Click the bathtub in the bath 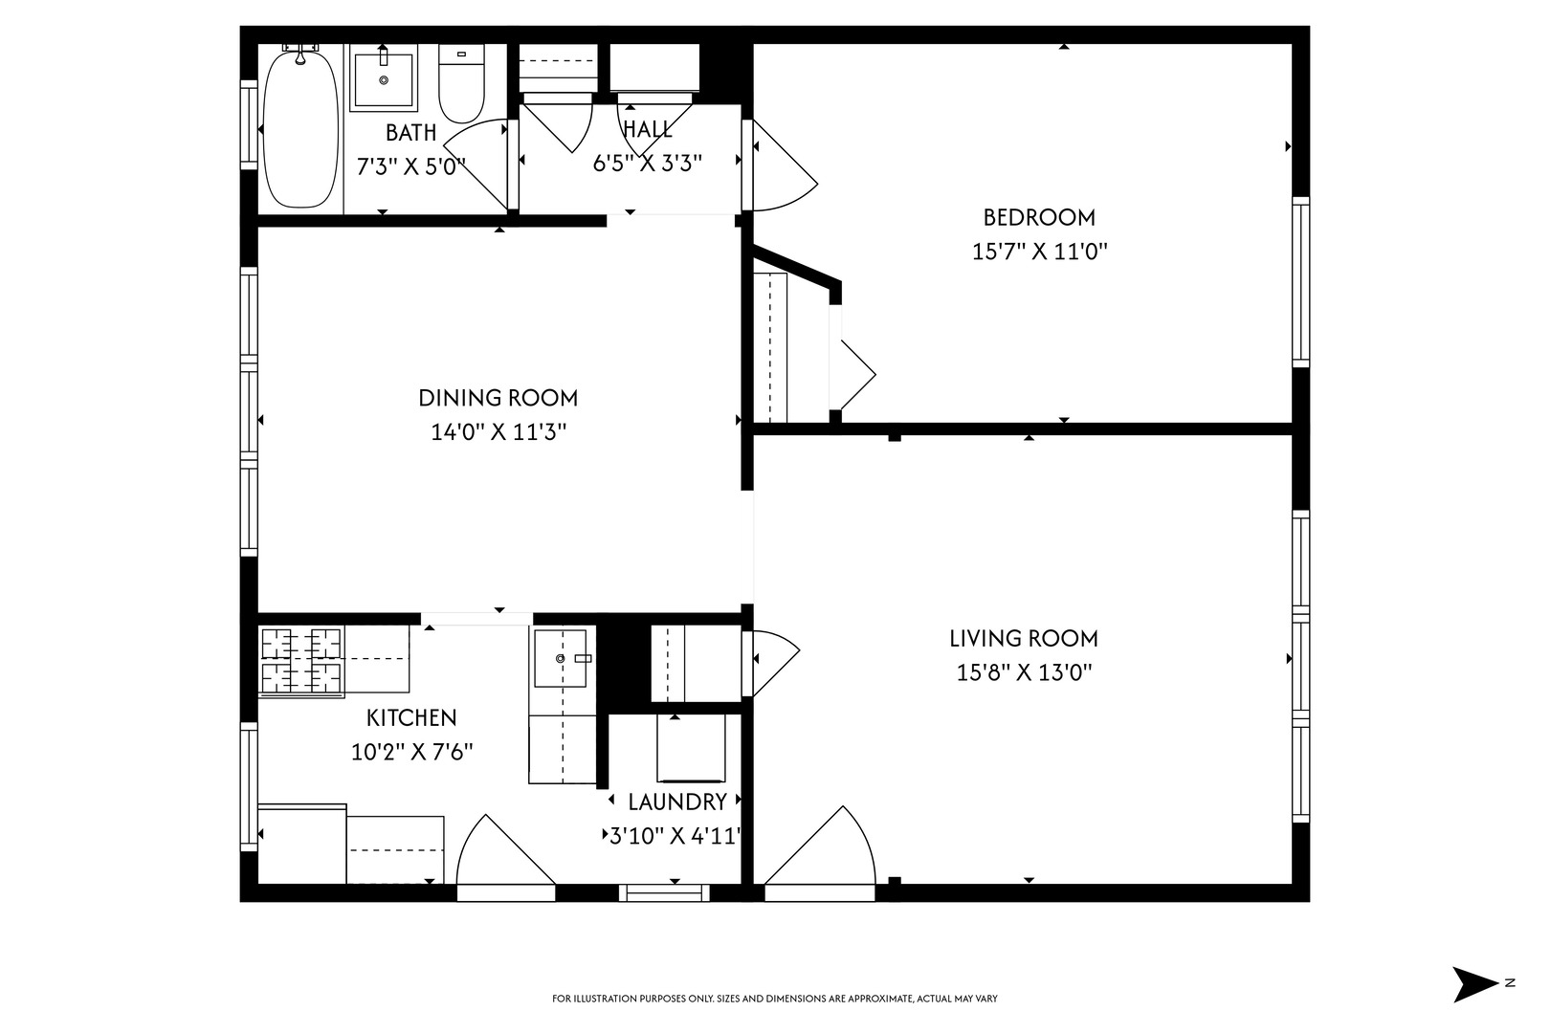coord(300,129)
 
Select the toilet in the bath coord(462,84)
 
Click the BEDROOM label coord(1039,217)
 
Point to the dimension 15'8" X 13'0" coord(1024,672)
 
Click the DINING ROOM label coord(498,398)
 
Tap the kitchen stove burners coord(301,661)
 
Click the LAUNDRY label coord(677,802)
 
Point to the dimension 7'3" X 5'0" coord(410,166)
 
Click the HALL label coord(648,129)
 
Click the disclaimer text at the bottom coord(775,999)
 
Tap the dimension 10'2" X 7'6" coord(411,752)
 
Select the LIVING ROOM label coord(1024,638)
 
